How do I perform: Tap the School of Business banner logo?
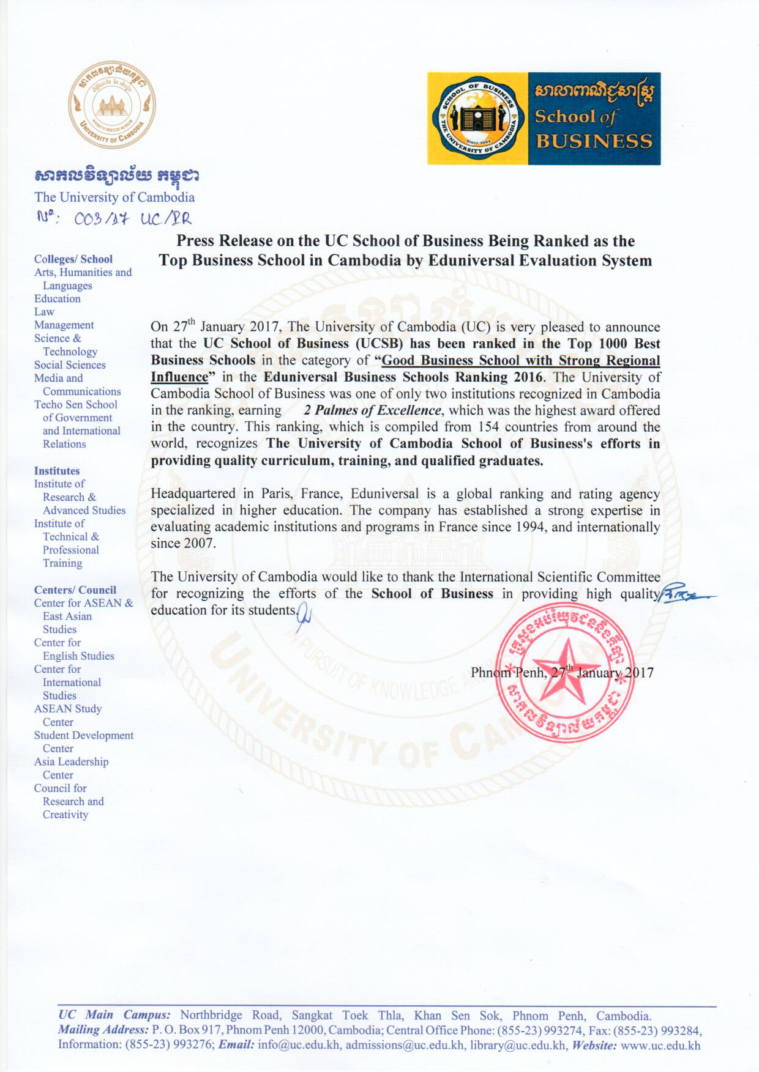pyautogui.click(x=544, y=119)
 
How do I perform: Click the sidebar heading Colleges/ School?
pyautogui.click(x=73, y=259)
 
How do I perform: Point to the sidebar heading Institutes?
pyautogui.click(x=57, y=471)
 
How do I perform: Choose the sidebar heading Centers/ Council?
pyautogui.click(x=75, y=590)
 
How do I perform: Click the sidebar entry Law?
pyautogui.click(x=44, y=312)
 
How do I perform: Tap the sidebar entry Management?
pyautogui.click(x=64, y=325)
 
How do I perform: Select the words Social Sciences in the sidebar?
pyautogui.click(x=70, y=365)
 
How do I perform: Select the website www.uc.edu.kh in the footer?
pyautogui.click(x=660, y=1045)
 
